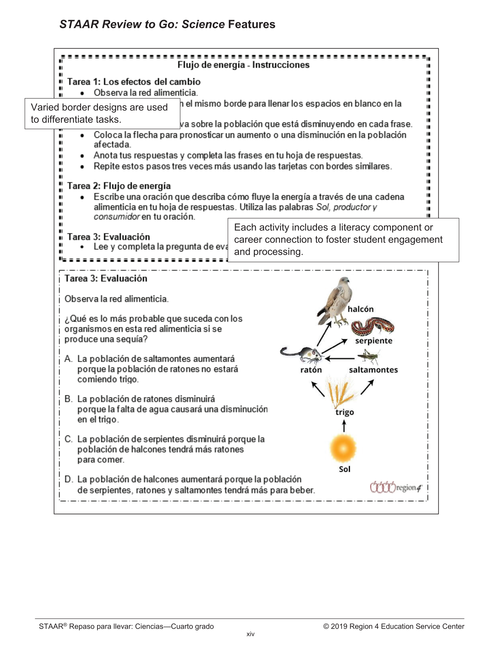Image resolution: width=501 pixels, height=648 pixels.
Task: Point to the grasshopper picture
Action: tap(368, 356)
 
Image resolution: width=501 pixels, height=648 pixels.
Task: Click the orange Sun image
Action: tap(343, 449)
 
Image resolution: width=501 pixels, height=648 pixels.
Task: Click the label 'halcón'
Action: tap(361, 309)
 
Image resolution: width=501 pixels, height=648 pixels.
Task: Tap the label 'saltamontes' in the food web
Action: tap(373, 370)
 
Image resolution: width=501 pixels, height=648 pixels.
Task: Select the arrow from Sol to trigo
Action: tap(344, 427)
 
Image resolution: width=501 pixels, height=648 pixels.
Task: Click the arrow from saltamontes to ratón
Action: tap(340, 359)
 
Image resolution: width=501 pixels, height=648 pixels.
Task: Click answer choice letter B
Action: tap(68, 399)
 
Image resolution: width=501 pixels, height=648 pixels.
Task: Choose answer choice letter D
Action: tap(68, 479)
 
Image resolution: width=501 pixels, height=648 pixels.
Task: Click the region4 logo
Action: tap(396, 487)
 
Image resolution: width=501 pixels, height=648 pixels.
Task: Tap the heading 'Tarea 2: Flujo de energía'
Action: tap(119, 186)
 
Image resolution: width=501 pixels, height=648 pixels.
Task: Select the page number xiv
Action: tap(250, 634)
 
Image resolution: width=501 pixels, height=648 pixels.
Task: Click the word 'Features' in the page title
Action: tap(252, 24)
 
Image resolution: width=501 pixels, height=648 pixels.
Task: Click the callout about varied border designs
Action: tap(102, 113)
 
